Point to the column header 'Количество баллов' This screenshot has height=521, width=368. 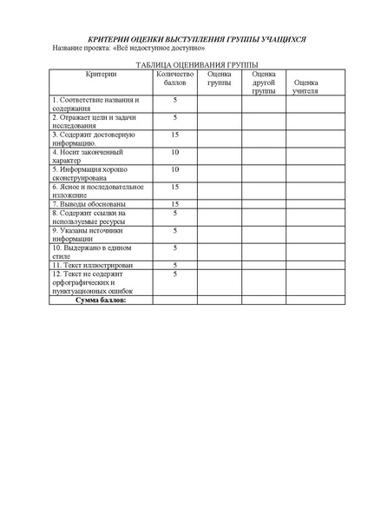coord(175,80)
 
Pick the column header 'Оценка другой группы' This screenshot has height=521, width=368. coord(264,82)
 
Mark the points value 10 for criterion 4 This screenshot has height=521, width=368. coord(175,152)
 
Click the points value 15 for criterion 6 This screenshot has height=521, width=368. coord(175,187)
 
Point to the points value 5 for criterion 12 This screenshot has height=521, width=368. coord(175,274)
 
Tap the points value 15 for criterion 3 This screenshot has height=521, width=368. coord(175,135)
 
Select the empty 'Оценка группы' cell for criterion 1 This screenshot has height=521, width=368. coord(219,104)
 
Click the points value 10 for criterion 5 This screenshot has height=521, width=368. coord(175,169)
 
